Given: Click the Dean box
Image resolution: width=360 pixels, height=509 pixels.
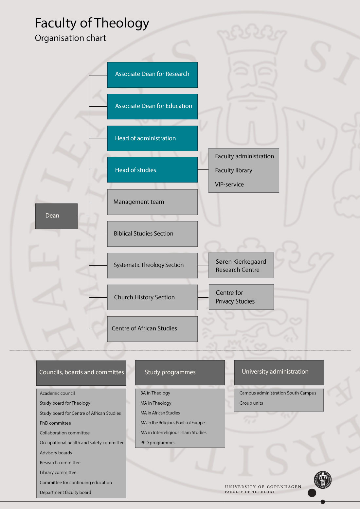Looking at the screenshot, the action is tap(56, 216).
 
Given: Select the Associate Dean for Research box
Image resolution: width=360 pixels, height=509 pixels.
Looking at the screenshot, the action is tap(152, 75).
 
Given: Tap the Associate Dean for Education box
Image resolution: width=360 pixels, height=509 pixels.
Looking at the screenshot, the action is tap(152, 107).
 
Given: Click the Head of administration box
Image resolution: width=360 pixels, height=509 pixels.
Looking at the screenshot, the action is tap(152, 138).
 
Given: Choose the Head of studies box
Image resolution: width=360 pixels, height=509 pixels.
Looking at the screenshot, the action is tap(152, 170).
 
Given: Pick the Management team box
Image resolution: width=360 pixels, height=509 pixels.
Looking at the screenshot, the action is tap(152, 202).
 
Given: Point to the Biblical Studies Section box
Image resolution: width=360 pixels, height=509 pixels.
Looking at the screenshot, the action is tap(152, 234).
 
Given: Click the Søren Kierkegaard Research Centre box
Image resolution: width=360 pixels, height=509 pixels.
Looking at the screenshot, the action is tap(241, 265).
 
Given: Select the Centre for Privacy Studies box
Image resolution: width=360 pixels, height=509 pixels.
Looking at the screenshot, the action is tap(241, 297).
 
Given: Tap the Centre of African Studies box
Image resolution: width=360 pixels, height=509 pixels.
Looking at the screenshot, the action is tap(152, 329).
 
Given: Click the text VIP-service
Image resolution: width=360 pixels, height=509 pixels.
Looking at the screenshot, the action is tap(229, 184).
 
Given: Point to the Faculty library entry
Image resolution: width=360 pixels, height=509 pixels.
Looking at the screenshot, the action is tap(233, 170).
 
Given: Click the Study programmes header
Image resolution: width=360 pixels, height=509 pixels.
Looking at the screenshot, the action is tap(180, 373).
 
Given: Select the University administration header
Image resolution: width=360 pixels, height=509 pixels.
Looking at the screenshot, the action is tap(279, 373).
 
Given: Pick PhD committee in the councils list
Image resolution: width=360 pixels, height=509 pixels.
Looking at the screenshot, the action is tap(55, 423).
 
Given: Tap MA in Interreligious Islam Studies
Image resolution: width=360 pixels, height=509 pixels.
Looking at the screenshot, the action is tap(173, 432).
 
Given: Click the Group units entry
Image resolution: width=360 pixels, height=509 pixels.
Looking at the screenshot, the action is tap(251, 403).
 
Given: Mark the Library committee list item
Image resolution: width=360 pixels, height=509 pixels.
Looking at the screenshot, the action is tap(58, 472).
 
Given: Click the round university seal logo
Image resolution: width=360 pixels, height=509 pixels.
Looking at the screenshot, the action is tap(323, 480).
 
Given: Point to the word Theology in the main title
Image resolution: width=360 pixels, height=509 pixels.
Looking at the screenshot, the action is tap(122, 23).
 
